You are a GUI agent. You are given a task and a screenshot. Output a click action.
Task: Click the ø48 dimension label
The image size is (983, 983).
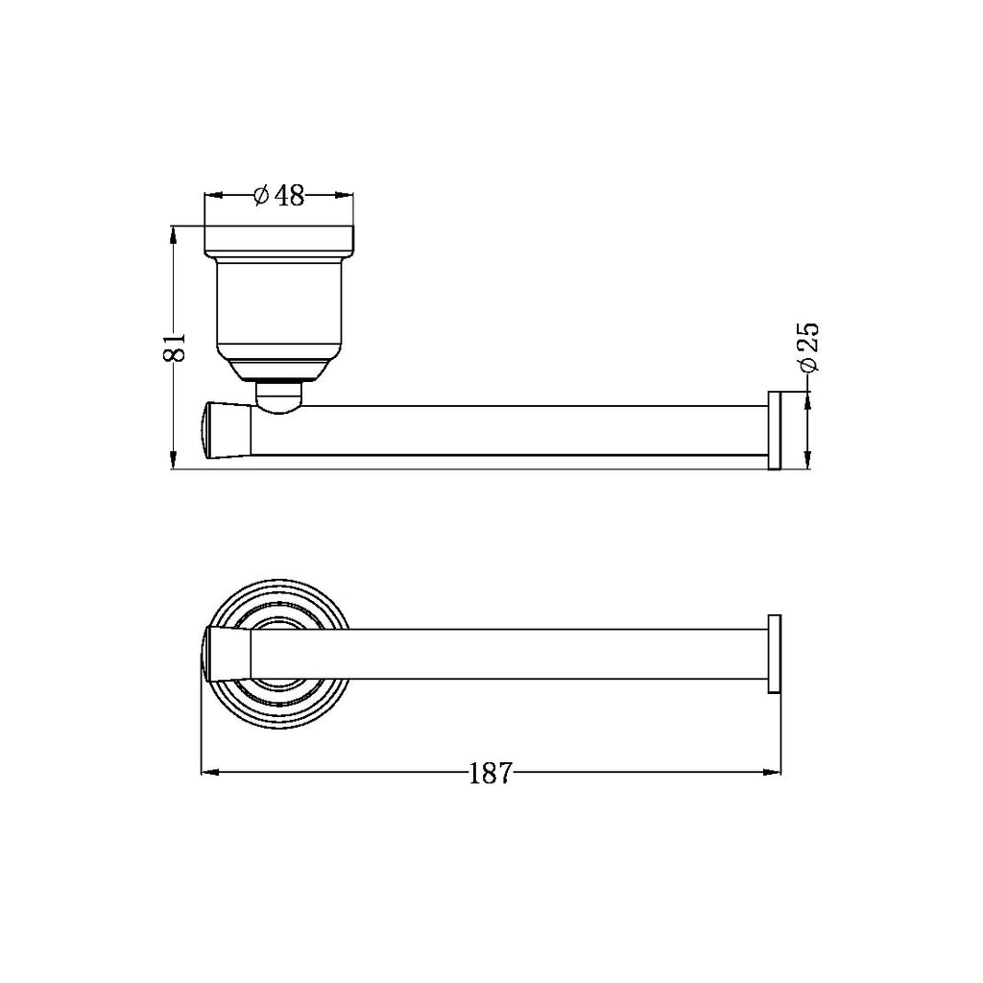tap(278, 196)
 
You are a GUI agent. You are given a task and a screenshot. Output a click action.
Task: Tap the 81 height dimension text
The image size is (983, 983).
tap(174, 348)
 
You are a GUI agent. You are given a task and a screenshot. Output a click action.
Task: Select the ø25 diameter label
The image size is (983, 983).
tap(807, 348)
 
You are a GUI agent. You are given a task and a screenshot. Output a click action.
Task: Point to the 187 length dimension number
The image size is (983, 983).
tap(491, 773)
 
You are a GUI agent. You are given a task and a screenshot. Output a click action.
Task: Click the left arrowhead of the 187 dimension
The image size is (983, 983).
tap(207, 772)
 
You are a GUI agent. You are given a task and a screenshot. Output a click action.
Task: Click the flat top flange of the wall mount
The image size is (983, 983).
tap(278, 240)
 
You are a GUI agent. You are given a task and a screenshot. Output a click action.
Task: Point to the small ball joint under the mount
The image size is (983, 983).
tap(278, 399)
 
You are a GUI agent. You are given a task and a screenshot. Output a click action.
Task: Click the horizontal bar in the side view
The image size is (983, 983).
tap(509, 431)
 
